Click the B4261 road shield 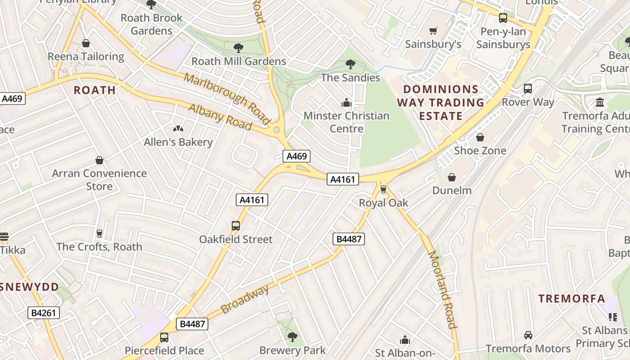pyautogui.click(x=44, y=313)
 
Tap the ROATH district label pyautogui.click(x=95, y=90)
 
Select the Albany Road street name pyautogui.click(x=220, y=117)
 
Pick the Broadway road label pyautogui.click(x=245, y=299)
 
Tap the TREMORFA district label pyautogui.click(x=571, y=298)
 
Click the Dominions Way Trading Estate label pyautogui.click(x=441, y=103)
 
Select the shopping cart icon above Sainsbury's pyautogui.click(x=433, y=31)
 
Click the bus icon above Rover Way pyautogui.click(x=528, y=89)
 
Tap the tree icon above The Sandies pyautogui.click(x=350, y=64)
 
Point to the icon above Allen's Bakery pyautogui.click(x=178, y=129)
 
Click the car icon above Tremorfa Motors pyautogui.click(x=528, y=335)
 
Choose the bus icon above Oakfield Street pyautogui.click(x=236, y=226)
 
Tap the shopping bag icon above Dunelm pyautogui.click(x=451, y=177)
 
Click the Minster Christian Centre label pyautogui.click(x=346, y=122)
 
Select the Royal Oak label pyautogui.click(x=383, y=203)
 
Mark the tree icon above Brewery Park pyautogui.click(x=292, y=337)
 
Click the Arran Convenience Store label pyautogui.click(x=99, y=180)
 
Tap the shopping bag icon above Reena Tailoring pyautogui.click(x=85, y=43)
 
